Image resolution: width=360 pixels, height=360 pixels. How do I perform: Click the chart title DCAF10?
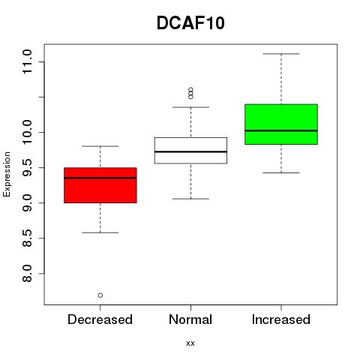pos(190,22)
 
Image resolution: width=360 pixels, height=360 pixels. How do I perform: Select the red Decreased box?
pos(100,185)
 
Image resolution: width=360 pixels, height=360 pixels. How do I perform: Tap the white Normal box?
pos(190,151)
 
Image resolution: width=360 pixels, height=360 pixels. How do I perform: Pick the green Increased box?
pos(281,124)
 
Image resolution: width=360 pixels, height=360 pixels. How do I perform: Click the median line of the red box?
pos(100,178)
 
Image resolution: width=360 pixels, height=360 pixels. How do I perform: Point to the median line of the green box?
pos(281,130)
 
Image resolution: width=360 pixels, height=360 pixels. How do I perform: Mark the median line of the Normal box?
pos(190,151)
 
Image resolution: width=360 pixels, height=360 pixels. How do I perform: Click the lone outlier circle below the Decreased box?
pos(100,295)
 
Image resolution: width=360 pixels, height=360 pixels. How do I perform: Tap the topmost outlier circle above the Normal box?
pos(190,89)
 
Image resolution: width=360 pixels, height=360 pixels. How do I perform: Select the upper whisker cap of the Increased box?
pos(281,54)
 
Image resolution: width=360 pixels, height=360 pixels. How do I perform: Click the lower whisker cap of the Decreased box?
pos(100,232)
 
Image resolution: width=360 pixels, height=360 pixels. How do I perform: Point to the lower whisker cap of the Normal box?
pos(190,199)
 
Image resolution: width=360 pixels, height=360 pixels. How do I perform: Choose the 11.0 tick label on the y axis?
pos(27,61)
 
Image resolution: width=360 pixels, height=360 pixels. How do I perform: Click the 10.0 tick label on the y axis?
pos(27,132)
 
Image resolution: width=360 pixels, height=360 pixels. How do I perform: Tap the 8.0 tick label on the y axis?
pos(27,274)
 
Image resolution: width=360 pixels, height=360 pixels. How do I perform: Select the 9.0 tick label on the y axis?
pos(27,202)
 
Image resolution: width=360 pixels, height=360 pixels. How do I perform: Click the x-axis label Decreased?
pos(100,319)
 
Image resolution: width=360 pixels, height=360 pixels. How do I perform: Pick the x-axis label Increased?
pos(281,319)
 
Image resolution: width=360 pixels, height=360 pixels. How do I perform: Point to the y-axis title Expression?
pos(7,174)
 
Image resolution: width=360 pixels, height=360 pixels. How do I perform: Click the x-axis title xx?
pos(190,343)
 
